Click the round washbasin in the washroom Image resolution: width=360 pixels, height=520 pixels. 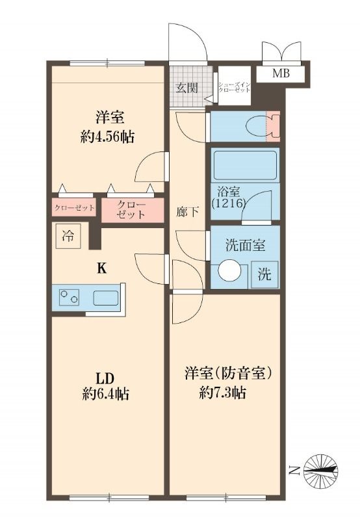pos(228,270)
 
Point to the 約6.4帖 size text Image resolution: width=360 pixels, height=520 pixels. pos(105,394)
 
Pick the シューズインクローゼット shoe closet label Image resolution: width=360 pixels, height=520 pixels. pos(233,87)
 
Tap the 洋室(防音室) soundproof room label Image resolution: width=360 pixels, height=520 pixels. pos(227,374)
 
